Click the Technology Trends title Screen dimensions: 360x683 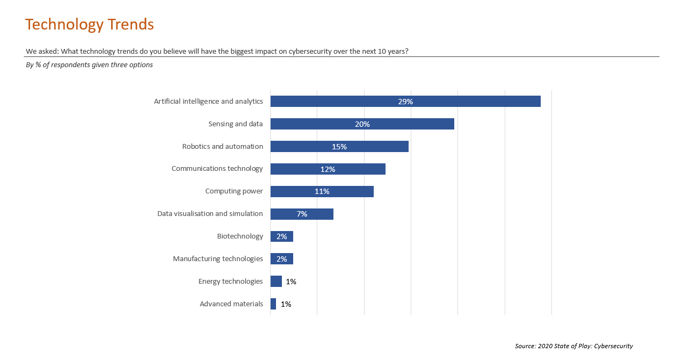pyautogui.click(x=90, y=25)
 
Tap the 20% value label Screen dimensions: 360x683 pyautogui.click(x=362, y=124)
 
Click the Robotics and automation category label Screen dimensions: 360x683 pyautogui.click(x=222, y=146)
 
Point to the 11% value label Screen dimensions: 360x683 pyautogui.click(x=322, y=192)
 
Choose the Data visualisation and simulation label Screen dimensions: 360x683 pyautogui.click(x=210, y=214)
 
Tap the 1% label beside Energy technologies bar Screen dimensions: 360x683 pyautogui.click(x=291, y=282)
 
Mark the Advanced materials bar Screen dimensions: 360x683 pyautogui.click(x=273, y=304)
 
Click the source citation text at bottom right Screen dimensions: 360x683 pyautogui.click(x=573, y=346)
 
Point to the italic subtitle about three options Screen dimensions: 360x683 pyautogui.click(x=89, y=65)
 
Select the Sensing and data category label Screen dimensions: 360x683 pyautogui.click(x=235, y=124)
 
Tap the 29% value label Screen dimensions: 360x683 pyautogui.click(x=405, y=102)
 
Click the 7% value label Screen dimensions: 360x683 pyautogui.click(x=302, y=214)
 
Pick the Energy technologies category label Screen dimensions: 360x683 pyautogui.click(x=230, y=282)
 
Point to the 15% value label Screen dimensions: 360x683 pyautogui.click(x=339, y=147)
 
